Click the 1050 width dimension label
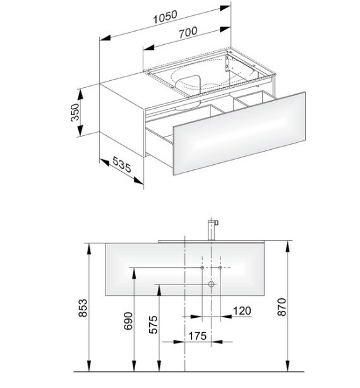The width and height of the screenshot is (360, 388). click(x=165, y=16)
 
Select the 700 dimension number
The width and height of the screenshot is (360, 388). click(x=188, y=32)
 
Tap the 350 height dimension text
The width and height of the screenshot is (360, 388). click(x=75, y=112)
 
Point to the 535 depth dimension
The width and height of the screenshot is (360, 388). click(x=121, y=164)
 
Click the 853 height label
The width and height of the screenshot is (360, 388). click(x=83, y=308)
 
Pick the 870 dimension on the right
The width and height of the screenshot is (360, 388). click(x=282, y=307)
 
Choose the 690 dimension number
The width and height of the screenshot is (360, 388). click(x=128, y=321)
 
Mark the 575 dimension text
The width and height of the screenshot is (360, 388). click(x=153, y=324)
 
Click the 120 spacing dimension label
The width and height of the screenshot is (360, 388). click(x=242, y=311)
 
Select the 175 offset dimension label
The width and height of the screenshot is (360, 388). click(x=197, y=336)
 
